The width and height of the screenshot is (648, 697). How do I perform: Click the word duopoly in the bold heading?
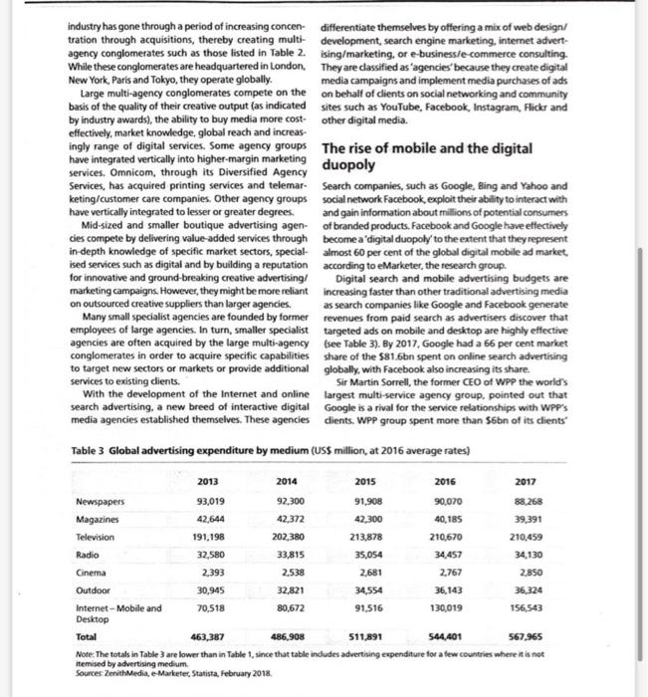coord(351,165)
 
